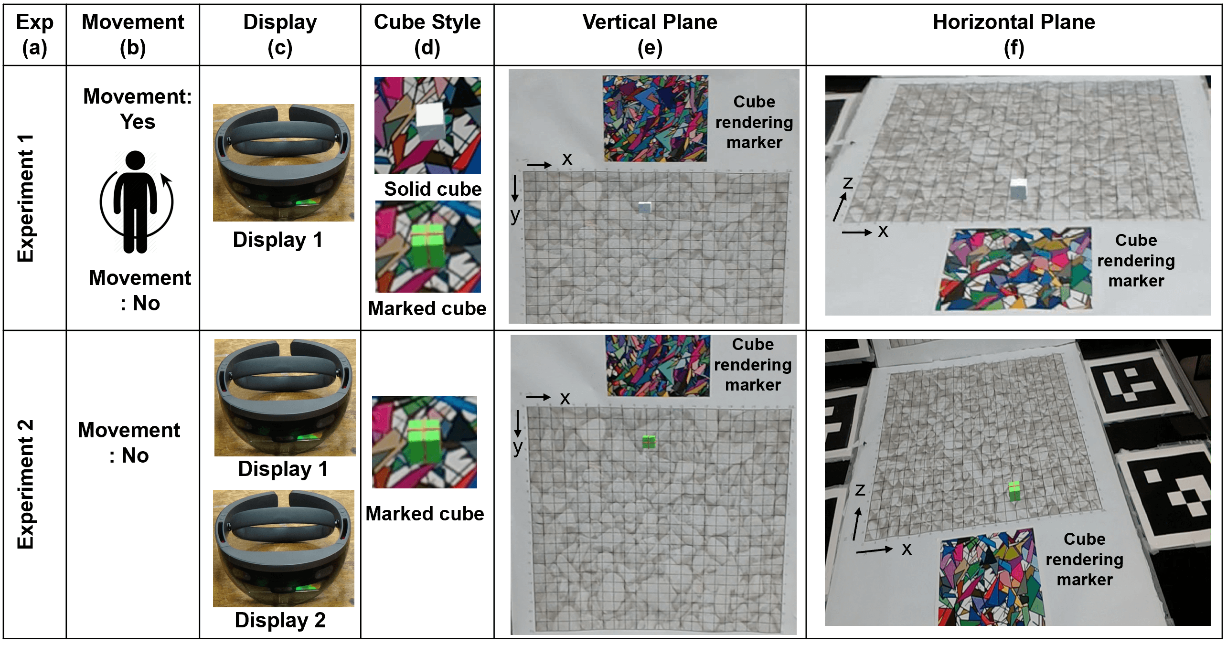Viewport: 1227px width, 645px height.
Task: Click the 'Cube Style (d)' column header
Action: coord(427,34)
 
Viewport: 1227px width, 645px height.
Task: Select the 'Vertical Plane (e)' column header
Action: coord(650,34)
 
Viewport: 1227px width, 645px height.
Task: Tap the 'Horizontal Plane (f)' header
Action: coord(1014,34)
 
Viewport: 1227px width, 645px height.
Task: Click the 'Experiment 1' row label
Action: coord(26,198)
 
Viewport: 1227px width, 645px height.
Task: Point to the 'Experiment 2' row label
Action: coord(26,484)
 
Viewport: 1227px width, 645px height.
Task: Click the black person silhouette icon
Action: coord(136,202)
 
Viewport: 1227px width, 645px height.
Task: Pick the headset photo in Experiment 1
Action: coord(284,163)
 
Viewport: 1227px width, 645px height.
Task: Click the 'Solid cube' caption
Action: coord(433,189)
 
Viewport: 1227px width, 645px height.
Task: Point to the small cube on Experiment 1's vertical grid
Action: coord(645,207)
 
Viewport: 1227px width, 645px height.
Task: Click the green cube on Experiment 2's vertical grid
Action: coord(649,442)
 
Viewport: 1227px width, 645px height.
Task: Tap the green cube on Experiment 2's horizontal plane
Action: coord(1014,491)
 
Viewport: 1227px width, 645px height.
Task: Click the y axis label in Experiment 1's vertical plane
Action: coord(515,216)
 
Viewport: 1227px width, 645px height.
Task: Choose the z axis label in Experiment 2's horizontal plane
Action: coord(860,490)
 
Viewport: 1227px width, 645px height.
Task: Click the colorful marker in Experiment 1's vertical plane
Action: coord(655,118)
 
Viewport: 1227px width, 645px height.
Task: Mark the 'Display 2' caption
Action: coord(280,620)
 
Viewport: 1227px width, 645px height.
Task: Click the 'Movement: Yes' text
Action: coord(138,109)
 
